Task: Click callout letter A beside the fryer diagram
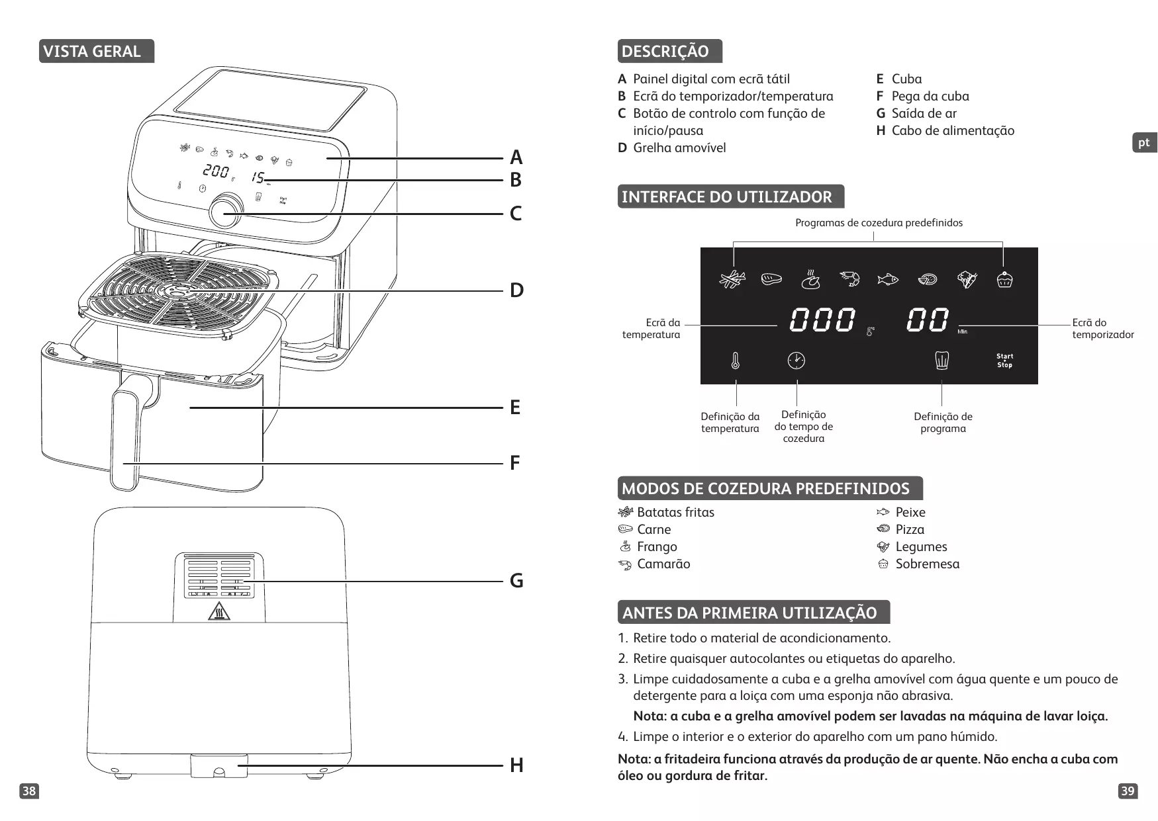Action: coord(516,157)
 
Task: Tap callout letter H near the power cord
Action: coord(516,765)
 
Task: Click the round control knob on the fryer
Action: coord(226,210)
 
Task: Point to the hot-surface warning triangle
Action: coord(218,612)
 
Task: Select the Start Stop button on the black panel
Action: coord(1004,361)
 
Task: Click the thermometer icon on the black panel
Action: coord(735,361)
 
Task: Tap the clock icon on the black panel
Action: coord(796,361)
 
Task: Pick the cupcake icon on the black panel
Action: coord(1004,280)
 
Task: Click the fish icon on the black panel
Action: coord(887,280)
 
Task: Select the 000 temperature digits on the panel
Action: coord(822,320)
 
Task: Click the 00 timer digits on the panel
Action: coord(928,320)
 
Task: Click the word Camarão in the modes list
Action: coord(663,564)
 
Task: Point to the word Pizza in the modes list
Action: coord(910,530)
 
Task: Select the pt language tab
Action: coord(1143,143)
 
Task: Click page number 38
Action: coord(29,791)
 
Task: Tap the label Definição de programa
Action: coord(943,423)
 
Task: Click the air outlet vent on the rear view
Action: coord(218,576)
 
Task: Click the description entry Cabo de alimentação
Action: coord(952,131)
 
